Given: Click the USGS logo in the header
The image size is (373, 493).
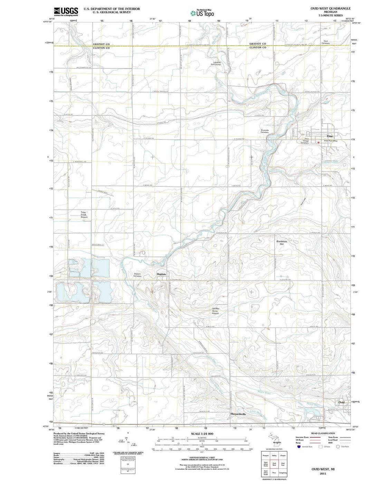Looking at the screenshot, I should (66, 12).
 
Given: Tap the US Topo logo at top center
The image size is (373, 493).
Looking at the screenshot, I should (202, 13).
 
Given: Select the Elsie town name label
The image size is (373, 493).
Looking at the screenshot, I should (329, 136).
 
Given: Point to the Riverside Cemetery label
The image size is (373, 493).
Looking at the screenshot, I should (265, 131).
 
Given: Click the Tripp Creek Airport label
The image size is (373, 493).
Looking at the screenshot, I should (84, 215).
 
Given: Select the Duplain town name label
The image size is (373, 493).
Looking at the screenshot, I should (161, 274).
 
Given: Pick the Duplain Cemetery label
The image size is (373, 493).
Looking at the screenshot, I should (137, 275).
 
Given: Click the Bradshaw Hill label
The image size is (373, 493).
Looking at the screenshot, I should (282, 242).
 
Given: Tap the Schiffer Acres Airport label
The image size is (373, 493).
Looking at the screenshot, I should (216, 311).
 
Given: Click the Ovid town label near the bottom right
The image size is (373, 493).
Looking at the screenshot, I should (341, 403).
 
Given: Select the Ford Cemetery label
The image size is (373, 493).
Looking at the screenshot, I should (325, 42).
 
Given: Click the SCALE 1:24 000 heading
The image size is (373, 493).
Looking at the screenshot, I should (202, 434).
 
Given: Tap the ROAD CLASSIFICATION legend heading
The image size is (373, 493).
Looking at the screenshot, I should (323, 433).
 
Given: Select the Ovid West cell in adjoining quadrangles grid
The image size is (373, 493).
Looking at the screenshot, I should (274, 465).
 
